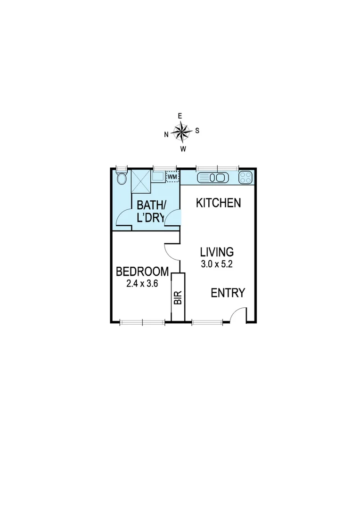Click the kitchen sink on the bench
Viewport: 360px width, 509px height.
tap(212, 178)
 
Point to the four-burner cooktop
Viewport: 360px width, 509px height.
tap(245, 177)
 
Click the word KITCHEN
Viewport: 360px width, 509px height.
tap(219, 203)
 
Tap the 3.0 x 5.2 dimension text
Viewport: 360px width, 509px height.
tap(216, 264)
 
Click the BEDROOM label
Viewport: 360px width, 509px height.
tap(142, 272)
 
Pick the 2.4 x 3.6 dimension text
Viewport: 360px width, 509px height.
tap(142, 284)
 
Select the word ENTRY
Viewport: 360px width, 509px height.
tap(228, 293)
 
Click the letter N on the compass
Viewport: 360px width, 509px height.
tap(166, 134)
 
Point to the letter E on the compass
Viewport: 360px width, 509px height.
tap(180, 116)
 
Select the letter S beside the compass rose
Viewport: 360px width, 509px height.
tap(197, 131)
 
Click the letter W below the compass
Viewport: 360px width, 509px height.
tap(183, 149)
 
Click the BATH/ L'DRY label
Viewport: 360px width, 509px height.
tap(151, 211)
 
